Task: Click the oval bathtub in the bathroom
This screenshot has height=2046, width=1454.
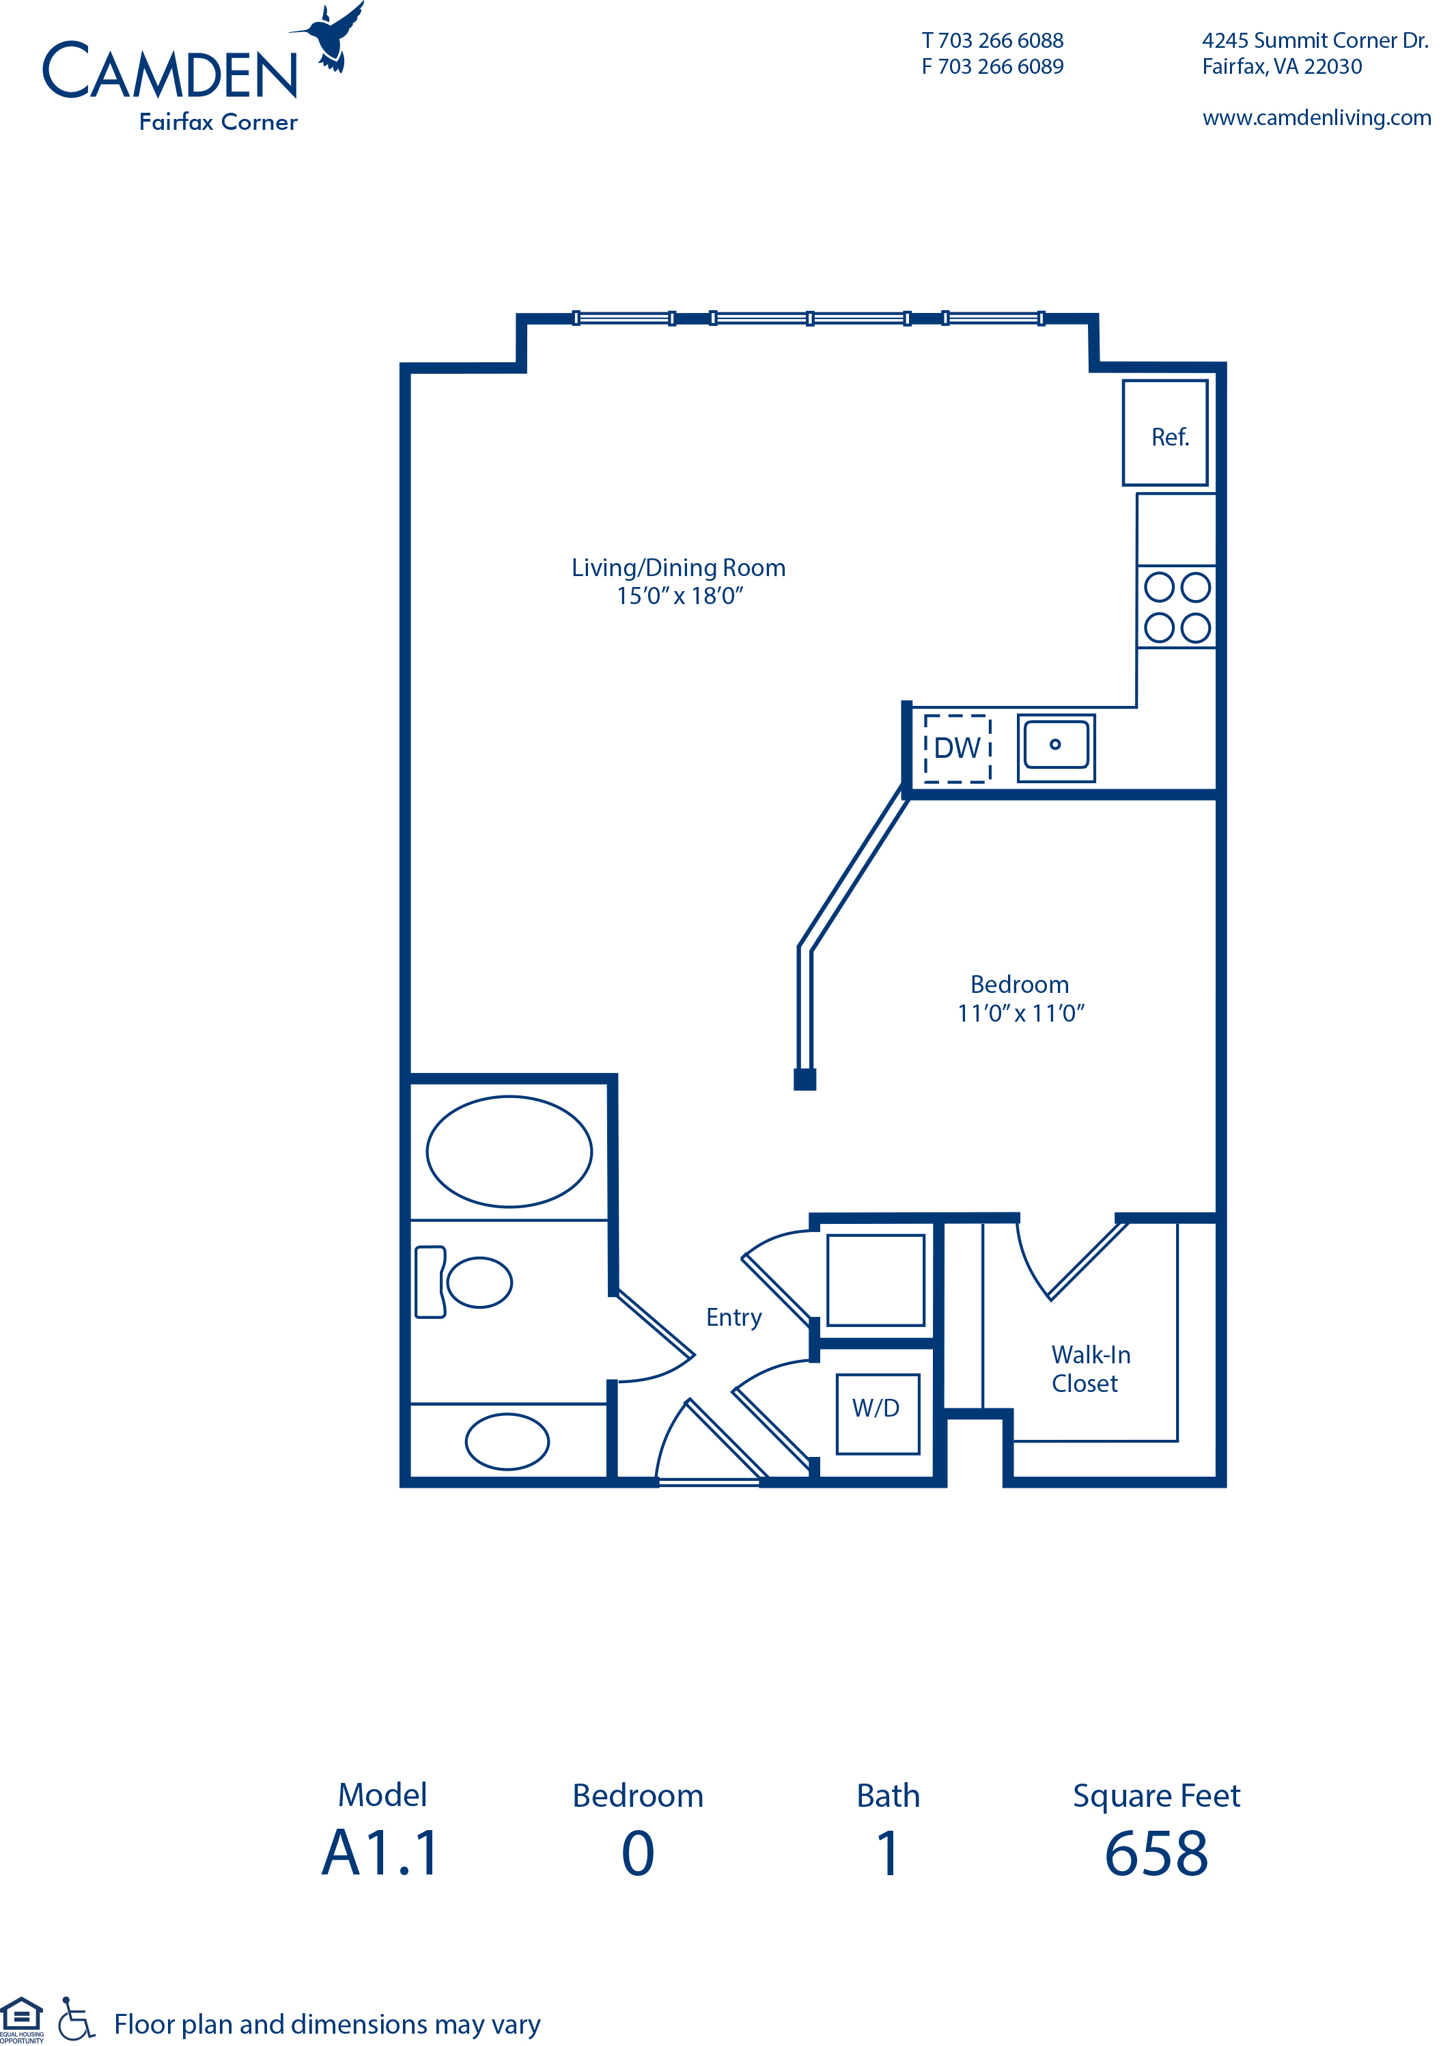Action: pos(509,1151)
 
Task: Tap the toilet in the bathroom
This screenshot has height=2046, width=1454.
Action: pos(463,1282)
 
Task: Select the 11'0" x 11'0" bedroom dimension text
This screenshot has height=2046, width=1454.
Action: pos(1020,1013)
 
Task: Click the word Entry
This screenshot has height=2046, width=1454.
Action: pos(733,1318)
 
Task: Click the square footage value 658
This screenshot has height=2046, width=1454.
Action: pos(1156,1853)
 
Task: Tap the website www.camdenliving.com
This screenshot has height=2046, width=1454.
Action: pos(1316,118)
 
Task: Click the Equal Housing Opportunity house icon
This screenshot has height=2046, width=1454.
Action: pos(21,2019)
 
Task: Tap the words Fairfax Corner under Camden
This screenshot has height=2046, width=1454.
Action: pos(219,122)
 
